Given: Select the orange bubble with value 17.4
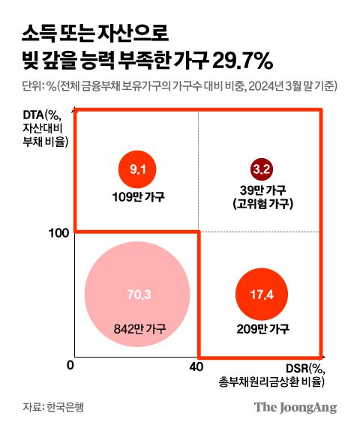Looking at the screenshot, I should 261,294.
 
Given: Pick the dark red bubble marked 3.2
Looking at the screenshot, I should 261,169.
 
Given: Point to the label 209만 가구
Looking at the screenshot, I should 261,328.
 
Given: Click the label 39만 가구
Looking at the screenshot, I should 261,190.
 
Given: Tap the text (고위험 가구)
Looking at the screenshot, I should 261,204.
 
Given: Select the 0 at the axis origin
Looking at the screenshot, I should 70,366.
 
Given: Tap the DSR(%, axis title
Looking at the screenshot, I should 305,367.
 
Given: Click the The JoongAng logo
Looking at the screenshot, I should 295,408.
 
